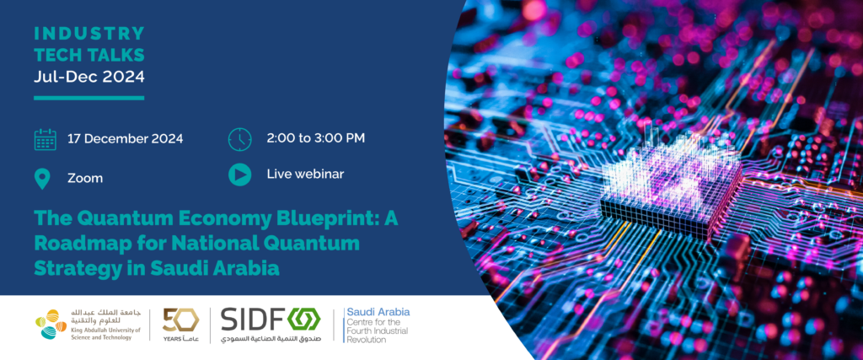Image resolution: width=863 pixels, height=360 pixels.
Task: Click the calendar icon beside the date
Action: tap(46, 139)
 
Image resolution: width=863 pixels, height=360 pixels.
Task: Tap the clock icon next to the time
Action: tap(239, 139)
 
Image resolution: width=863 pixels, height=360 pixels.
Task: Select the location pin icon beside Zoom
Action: tap(42, 179)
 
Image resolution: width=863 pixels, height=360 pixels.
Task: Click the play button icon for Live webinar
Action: tap(239, 175)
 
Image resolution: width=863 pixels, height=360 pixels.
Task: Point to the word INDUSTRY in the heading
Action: tap(89, 34)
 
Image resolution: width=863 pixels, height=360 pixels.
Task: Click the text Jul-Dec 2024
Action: tap(89, 77)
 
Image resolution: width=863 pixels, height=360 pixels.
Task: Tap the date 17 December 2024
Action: tap(126, 139)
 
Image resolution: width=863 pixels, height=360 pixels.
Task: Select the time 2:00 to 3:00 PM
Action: tap(315, 137)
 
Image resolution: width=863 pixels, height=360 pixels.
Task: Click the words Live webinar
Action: tap(305, 174)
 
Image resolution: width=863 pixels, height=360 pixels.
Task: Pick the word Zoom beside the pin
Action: tap(85, 179)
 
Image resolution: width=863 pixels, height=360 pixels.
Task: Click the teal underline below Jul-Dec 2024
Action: tap(89, 98)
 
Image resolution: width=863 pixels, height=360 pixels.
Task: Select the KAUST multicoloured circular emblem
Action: tap(51, 325)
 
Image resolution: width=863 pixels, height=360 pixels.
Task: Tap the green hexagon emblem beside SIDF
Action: tap(304, 320)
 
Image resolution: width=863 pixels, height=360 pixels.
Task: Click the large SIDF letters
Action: tap(252, 320)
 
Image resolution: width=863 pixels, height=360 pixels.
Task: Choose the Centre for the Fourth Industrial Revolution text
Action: tap(377, 330)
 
